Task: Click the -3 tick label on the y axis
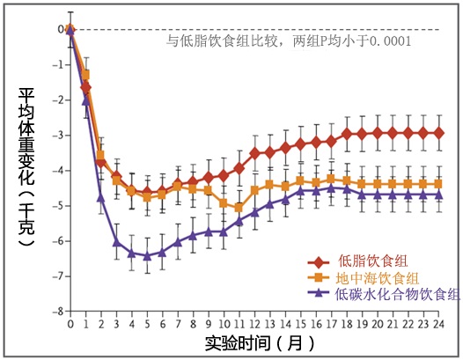[59, 135]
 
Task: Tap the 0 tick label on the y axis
[61, 29]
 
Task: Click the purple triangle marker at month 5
[148, 256]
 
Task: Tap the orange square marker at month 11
[239, 208]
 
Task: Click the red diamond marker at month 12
[255, 152]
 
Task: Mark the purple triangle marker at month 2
[101, 197]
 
